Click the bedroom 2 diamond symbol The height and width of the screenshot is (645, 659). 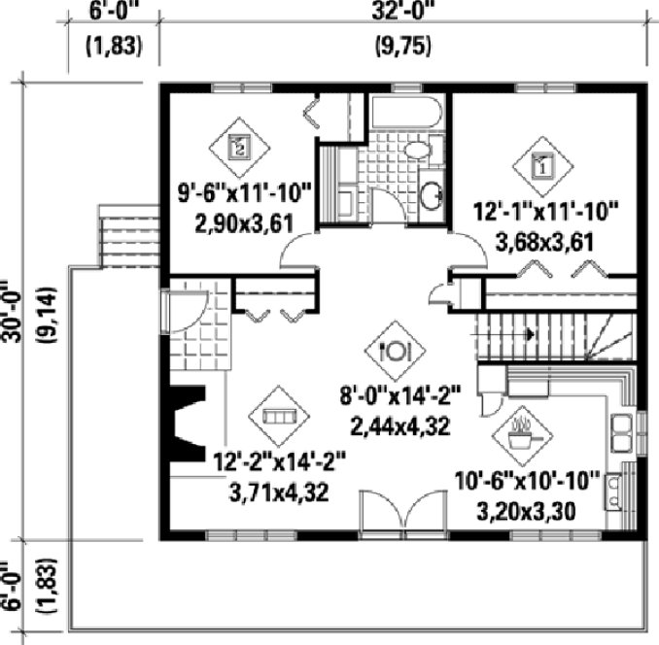pyautogui.click(x=240, y=148)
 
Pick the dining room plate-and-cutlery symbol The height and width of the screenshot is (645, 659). pyautogui.click(x=399, y=350)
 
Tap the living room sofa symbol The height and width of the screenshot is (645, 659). pyautogui.click(x=278, y=416)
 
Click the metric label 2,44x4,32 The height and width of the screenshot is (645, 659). pyautogui.click(x=399, y=424)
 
